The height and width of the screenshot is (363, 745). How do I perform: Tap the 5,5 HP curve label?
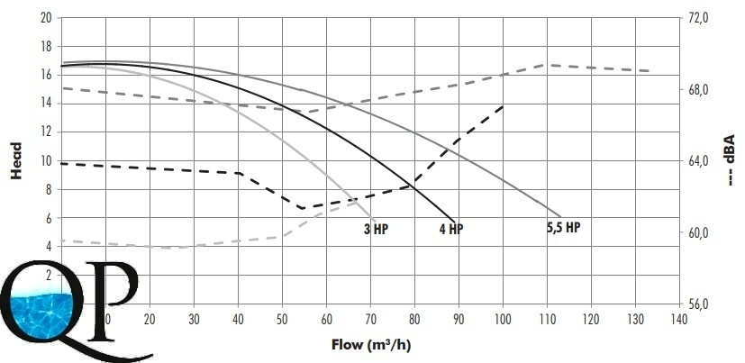click(x=563, y=227)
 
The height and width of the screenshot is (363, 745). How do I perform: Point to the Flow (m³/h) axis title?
click(x=371, y=343)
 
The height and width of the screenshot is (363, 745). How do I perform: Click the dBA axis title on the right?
click(x=731, y=159)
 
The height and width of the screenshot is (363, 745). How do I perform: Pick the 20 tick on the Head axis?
click(x=45, y=17)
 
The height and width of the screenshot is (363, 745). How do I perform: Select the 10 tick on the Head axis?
click(x=45, y=160)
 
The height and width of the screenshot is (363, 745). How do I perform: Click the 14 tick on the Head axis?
click(x=45, y=103)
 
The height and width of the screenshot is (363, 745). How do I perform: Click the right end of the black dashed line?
click(x=503, y=106)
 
